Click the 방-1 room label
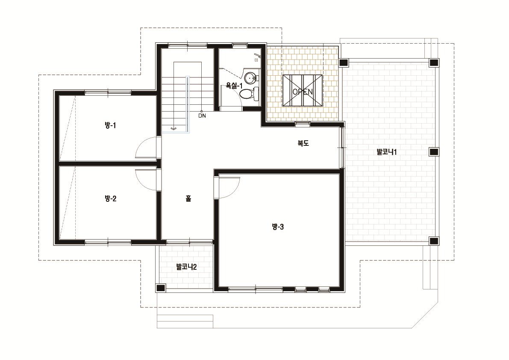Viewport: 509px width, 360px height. point(110,125)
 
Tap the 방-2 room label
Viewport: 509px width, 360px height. point(110,198)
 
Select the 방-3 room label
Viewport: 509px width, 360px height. point(277,227)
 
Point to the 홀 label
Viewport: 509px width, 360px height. point(188,198)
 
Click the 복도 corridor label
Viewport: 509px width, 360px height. point(303,143)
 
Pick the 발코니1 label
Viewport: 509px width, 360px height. point(387,152)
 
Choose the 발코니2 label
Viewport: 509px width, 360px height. point(186,267)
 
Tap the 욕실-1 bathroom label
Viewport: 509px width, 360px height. point(234,86)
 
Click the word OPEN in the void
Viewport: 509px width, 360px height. point(303,92)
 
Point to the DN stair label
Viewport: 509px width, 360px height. point(202,115)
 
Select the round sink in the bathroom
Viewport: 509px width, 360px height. point(250,78)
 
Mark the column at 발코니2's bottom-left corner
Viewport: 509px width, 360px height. point(160,288)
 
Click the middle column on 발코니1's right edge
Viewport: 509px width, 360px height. point(434,152)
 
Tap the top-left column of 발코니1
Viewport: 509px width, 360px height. point(344,63)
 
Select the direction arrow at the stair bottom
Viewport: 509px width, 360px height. point(174,129)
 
